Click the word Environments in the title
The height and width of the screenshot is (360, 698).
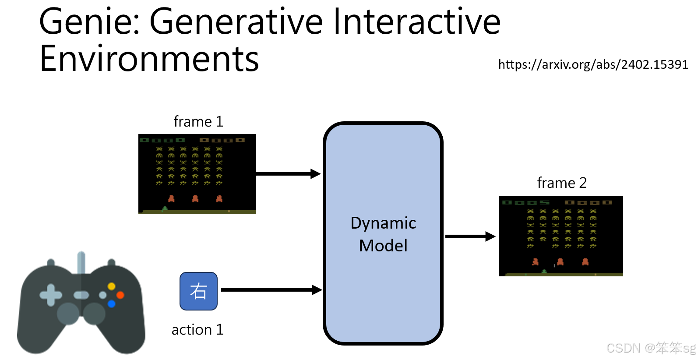pos(149,59)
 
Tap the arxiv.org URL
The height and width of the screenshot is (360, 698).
pos(593,65)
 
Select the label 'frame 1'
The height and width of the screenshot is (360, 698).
pos(198,121)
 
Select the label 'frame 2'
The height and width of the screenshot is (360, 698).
pos(561,183)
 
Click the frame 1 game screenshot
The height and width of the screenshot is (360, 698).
pos(197,174)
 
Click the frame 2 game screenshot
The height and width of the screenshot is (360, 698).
pos(561,236)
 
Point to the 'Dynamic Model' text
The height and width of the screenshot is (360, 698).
pos(383,234)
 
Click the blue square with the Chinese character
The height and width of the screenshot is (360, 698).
pos(198,291)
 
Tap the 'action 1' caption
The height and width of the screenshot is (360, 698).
pos(197,329)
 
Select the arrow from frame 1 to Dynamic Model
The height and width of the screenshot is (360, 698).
pos(288,174)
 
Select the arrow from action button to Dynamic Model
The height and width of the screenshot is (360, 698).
pos(271,290)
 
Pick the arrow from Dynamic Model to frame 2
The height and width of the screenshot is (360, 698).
pos(470,236)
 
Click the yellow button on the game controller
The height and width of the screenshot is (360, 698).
pos(112,286)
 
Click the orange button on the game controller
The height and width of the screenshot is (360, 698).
pos(120,295)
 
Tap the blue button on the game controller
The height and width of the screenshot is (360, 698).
pos(112,304)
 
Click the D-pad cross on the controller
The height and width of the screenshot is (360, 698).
pos(51,295)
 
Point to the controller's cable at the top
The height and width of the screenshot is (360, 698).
pos(81,262)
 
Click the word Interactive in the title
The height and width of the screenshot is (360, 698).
pos(416,22)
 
